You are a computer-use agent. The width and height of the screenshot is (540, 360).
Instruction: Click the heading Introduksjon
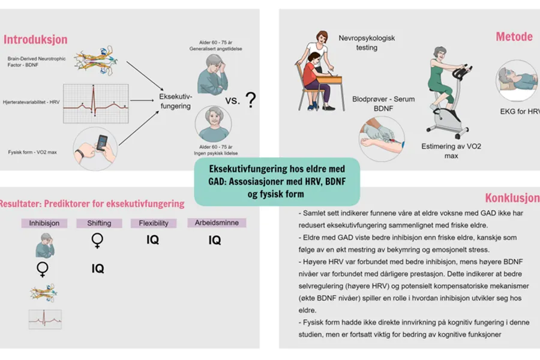(35, 40)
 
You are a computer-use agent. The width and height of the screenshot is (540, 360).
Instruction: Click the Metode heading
(514, 37)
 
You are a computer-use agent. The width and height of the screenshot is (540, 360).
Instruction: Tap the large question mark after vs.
(251, 100)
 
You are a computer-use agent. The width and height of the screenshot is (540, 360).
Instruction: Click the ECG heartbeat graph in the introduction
(95, 103)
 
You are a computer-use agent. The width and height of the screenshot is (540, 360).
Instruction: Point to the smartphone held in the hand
(102, 143)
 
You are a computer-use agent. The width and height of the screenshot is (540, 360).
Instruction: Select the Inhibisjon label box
(44, 223)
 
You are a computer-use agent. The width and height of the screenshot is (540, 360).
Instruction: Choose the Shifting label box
(99, 223)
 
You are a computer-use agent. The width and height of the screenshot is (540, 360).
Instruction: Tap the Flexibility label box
(153, 223)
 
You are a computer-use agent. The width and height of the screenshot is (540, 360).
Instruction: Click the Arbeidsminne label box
(217, 223)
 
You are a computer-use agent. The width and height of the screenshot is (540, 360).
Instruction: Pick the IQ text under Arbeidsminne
(215, 241)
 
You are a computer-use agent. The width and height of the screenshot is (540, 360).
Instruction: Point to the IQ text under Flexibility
(152, 240)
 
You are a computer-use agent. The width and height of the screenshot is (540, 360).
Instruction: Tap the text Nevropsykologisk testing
(367, 43)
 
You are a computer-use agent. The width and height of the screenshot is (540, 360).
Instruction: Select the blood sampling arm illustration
(381, 134)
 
